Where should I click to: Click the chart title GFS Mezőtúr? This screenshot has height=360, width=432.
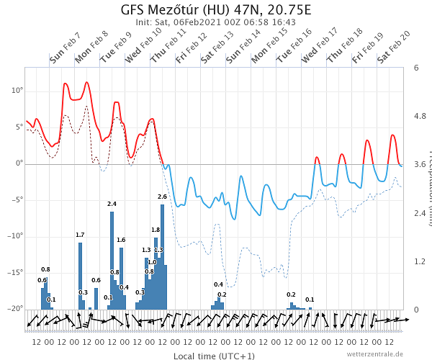point(216,10)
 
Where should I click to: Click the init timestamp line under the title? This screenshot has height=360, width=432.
point(216,22)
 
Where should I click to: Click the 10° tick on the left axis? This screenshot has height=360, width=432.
point(16,91)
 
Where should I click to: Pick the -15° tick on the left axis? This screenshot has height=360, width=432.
point(14,273)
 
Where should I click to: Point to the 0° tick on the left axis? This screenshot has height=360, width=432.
point(19,163)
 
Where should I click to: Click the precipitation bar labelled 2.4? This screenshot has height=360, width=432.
point(112,259)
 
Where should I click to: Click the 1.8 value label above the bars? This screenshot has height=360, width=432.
point(156,230)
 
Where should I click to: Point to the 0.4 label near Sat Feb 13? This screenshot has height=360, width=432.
point(218,285)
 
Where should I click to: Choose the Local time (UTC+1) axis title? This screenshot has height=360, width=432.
point(214,356)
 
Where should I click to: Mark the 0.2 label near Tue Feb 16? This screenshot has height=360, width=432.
point(291,294)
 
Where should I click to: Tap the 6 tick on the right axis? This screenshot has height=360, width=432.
point(416,68)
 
